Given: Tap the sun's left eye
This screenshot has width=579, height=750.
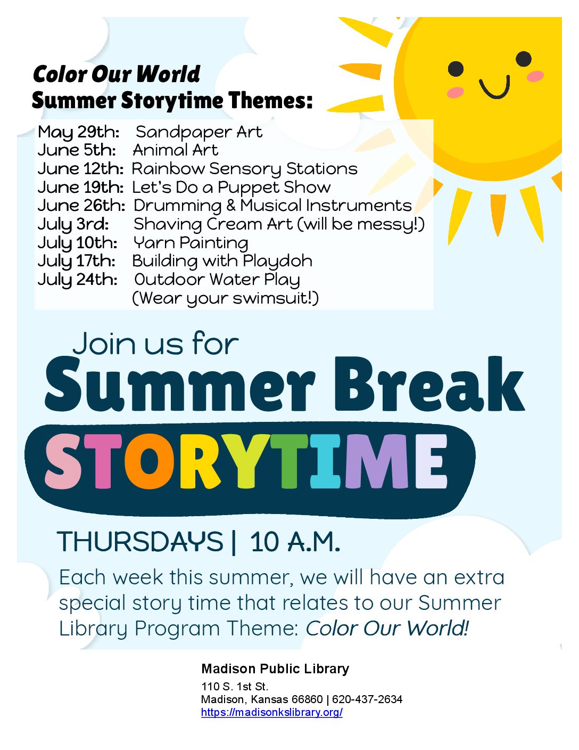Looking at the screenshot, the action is (x=456, y=69).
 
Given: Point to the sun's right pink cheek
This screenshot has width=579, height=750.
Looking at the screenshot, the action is (x=535, y=76).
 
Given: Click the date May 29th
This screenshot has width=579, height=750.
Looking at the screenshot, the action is (x=79, y=133).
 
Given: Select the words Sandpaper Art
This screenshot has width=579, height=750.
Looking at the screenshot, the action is (x=199, y=132).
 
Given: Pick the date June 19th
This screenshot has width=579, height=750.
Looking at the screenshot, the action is (x=81, y=187).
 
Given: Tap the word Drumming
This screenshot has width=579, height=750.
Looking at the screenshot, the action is (x=177, y=206).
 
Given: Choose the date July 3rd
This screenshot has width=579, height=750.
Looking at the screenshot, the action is (x=73, y=225).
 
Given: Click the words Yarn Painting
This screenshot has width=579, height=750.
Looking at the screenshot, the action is (x=191, y=243).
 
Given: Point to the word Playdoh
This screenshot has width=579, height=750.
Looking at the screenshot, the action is (x=278, y=261).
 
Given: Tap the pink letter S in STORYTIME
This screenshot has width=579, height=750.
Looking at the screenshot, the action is (x=64, y=461).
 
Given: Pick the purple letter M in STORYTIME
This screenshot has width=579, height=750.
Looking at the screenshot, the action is (x=378, y=461).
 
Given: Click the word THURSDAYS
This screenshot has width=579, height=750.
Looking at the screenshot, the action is (x=140, y=542).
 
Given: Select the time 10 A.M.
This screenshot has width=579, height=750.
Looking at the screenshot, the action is (x=295, y=542).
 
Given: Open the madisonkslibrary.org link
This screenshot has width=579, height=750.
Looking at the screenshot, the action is (x=272, y=712).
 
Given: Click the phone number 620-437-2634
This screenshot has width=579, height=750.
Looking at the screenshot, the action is (x=367, y=699).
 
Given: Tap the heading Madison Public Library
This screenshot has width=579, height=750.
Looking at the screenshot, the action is (x=275, y=669).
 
